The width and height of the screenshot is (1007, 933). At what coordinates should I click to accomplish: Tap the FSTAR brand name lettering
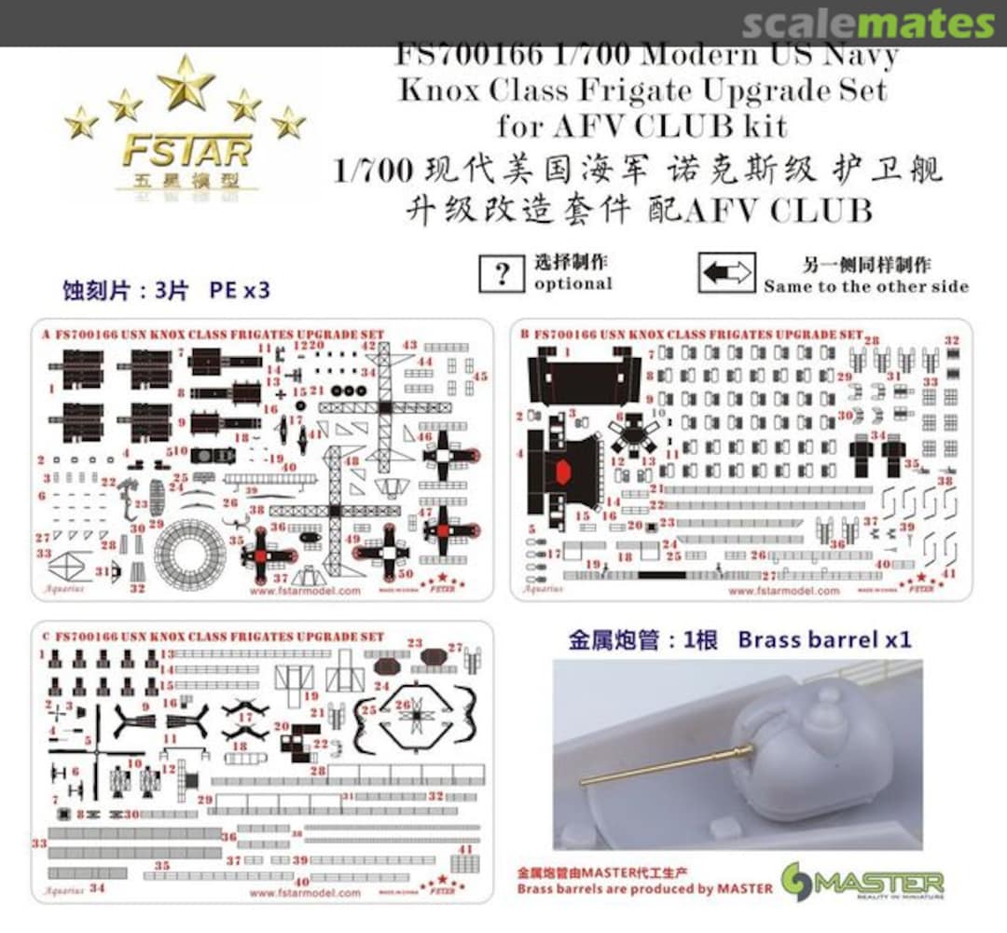pos(186,150)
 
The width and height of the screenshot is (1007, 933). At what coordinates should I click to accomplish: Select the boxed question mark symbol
pos(502,273)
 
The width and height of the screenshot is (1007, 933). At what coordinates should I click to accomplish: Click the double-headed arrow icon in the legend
pos(726,273)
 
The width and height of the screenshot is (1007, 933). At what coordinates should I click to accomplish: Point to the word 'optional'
pos(572,283)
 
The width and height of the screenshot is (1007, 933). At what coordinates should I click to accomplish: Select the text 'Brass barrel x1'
pos(824,639)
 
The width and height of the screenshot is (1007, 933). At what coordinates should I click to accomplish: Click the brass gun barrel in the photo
pos(666,765)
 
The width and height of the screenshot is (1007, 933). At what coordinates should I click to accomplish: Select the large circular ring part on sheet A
pos(190,554)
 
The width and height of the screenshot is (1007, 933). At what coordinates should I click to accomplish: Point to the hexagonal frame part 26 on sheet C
pos(416,719)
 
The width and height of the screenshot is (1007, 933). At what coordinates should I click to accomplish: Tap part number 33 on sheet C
pos(39,843)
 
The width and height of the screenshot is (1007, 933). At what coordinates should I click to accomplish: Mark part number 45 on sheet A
pos(480,376)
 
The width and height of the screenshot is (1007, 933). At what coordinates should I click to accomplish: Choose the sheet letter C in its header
pos(46,636)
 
